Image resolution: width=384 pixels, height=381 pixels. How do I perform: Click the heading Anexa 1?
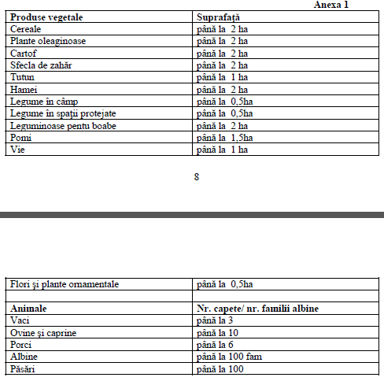330,5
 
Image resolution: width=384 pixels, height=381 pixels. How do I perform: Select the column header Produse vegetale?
46,16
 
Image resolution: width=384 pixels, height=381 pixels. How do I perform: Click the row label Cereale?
27,28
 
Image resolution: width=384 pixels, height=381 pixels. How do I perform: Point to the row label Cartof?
24,53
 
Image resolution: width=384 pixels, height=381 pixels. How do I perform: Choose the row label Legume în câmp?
45,102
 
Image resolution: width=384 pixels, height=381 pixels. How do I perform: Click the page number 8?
196,176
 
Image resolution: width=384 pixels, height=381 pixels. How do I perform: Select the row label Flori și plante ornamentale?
65,284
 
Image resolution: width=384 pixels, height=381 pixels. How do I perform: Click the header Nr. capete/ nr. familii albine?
262,309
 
